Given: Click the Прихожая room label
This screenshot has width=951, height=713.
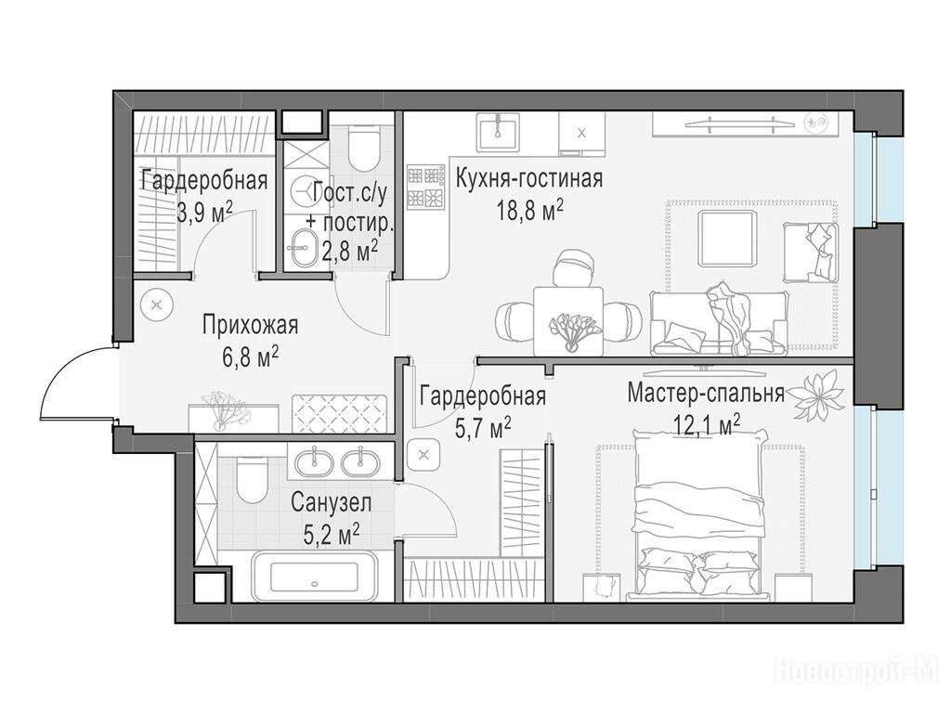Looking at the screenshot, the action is point(250,325).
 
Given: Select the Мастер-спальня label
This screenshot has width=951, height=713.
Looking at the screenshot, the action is point(706,393).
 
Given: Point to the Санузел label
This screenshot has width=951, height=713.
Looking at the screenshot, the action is point(331,502).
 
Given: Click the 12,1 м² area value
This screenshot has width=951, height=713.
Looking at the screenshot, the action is point(707,423).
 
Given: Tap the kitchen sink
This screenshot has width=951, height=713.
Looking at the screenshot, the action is point(497,132).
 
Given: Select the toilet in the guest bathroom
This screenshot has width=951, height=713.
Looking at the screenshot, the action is point(363,145).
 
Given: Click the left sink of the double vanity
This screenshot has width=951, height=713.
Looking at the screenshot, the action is point(314,462).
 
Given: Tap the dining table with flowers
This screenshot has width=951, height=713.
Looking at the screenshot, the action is point(568,321).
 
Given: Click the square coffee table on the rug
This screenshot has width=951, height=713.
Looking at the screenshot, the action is point(728,239).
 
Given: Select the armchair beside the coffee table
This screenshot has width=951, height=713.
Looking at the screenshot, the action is point(810,253).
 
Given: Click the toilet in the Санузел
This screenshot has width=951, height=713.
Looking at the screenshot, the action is point(252,480).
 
